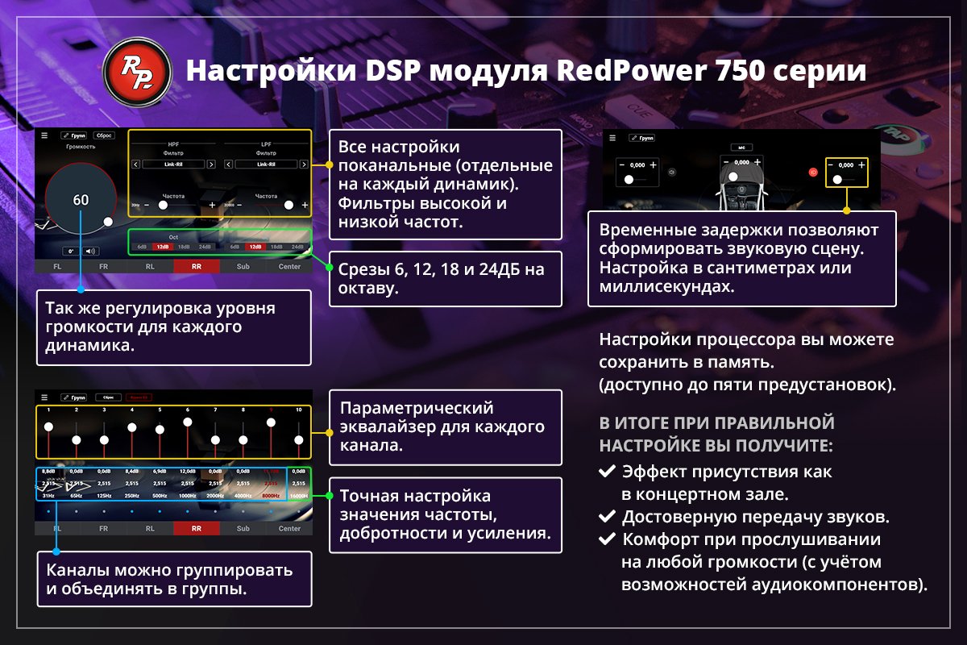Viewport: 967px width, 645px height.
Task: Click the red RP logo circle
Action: [137, 69]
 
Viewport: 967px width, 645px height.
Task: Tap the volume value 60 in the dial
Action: [81, 200]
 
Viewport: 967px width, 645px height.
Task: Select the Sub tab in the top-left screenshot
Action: [243, 266]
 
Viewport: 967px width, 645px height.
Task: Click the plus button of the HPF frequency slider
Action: [213, 205]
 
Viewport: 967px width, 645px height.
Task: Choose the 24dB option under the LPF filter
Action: [297, 247]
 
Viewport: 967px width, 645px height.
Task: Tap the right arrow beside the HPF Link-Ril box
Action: [211, 164]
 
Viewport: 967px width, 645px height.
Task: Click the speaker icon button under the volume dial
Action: [90, 251]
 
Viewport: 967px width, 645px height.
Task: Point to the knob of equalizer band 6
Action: [188, 422]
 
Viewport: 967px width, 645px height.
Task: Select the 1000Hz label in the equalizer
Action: [188, 496]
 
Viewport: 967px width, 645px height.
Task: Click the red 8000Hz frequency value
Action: [272, 496]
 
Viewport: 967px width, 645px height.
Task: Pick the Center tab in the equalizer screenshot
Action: [289, 529]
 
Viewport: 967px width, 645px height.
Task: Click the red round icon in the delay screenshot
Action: [813, 172]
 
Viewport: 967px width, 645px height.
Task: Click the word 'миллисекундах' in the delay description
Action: [667, 287]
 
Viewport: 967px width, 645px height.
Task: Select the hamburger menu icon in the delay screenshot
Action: [612, 138]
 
